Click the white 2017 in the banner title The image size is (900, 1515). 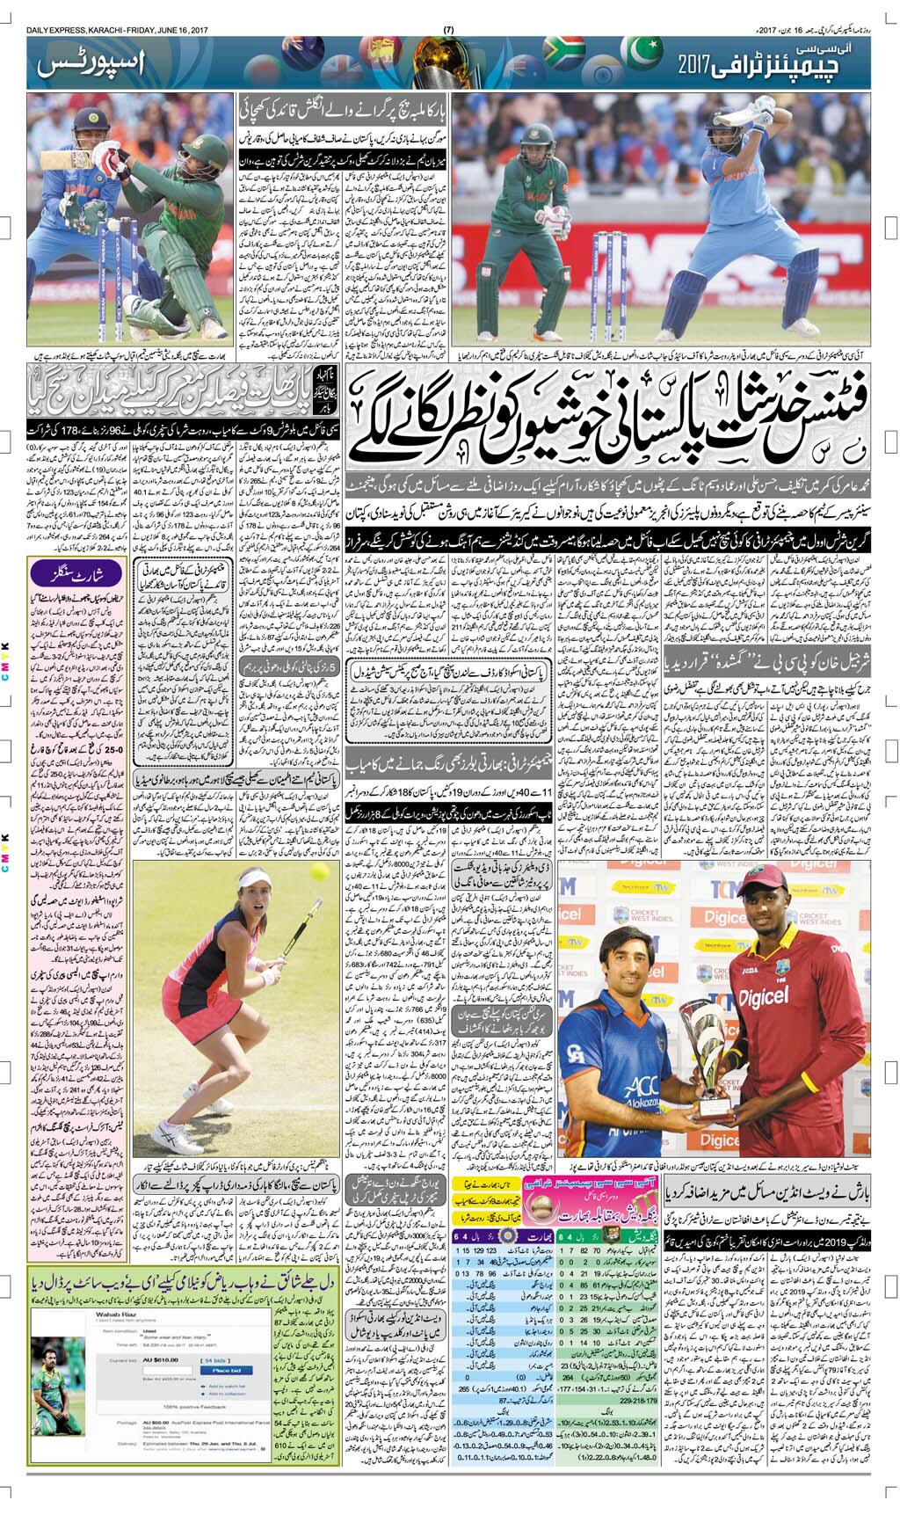point(697,65)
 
